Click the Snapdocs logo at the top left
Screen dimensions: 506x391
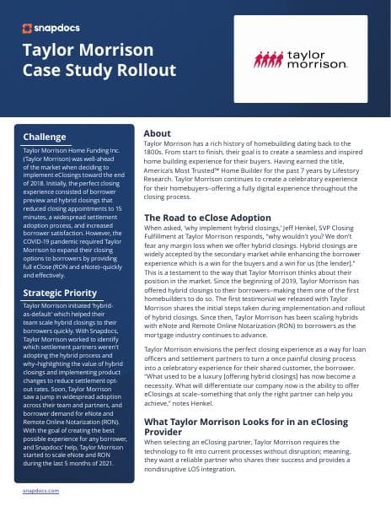pyautogui.click(x=47, y=27)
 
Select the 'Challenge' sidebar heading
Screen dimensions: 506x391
pyautogui.click(x=45, y=137)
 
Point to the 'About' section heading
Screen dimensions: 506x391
pyautogui.click(x=158, y=133)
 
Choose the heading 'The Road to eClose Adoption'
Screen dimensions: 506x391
pyautogui.click(x=206, y=218)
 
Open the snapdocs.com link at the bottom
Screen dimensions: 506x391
pyautogui.click(x=40, y=489)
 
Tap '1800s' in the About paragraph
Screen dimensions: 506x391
pyautogui.click(x=156, y=153)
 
